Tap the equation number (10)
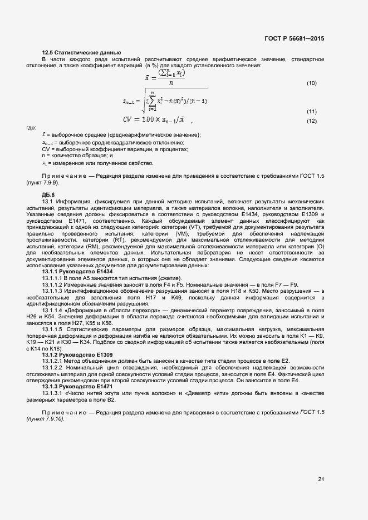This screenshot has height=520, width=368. pyautogui.click(x=312, y=83)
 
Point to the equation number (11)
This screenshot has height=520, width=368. pyautogui.click(x=312, y=111)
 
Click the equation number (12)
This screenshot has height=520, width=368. pyautogui.click(x=312, y=121)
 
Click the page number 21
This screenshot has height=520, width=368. pyautogui.click(x=321, y=479)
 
